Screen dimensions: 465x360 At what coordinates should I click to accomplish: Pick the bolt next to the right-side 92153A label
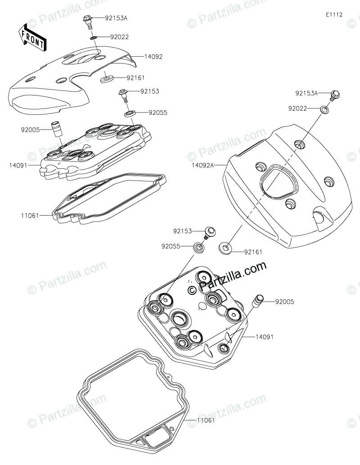335,95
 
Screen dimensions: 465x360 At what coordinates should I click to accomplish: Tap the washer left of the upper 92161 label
107,79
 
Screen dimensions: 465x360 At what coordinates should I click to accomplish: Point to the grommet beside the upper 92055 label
130,113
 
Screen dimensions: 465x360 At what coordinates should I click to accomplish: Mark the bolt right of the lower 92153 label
209,232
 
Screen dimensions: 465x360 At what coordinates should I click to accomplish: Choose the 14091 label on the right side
265,336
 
